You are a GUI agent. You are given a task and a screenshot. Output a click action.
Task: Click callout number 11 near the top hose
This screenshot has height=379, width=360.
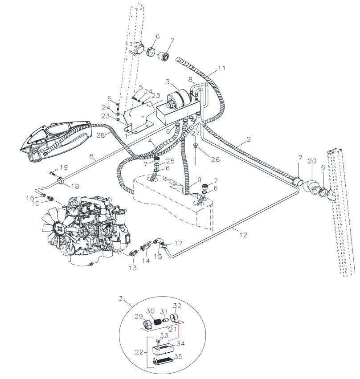coord(221,68)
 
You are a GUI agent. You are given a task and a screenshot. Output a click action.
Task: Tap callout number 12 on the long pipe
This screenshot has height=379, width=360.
coord(243,235)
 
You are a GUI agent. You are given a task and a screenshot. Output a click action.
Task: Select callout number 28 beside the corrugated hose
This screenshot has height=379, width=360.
coord(101,135)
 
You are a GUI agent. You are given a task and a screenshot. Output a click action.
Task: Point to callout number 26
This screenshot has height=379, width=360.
coord(215,159)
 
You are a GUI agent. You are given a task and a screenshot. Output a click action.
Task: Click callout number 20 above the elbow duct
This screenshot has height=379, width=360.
coord(312,161)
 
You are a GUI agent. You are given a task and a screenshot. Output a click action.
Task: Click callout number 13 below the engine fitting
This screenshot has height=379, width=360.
coord(133,268)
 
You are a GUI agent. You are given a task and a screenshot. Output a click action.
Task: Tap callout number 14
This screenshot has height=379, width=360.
coord(146,260)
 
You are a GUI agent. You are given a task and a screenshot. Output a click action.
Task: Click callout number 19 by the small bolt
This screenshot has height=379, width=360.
coord(64,167)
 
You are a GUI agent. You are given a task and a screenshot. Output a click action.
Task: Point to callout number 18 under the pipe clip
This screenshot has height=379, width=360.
coord(75,186)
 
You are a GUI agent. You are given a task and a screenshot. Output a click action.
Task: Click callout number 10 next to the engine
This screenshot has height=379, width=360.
coord(35,204)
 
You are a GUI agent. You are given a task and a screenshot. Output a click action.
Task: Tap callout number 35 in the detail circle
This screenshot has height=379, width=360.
coord(178,357)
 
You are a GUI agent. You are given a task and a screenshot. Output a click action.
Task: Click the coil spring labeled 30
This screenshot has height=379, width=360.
coord(157,322)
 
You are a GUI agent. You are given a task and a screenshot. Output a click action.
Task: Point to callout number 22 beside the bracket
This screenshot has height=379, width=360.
coord(139,352)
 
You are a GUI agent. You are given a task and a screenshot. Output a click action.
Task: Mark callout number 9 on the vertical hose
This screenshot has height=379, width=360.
coord(199,179)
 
